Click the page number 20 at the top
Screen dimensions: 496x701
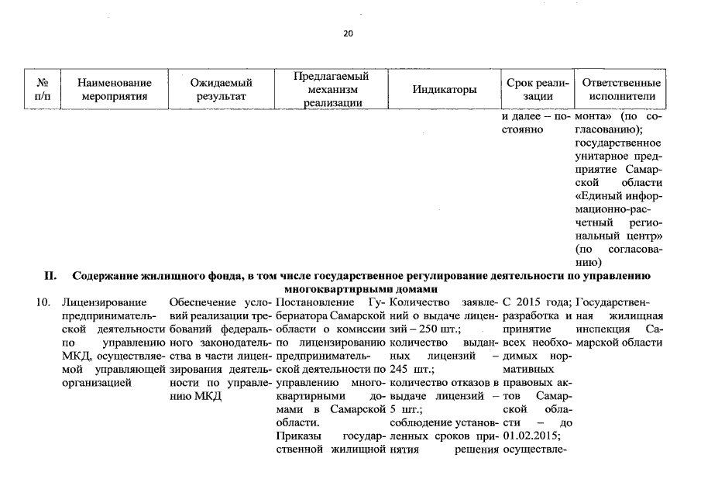point(347,33)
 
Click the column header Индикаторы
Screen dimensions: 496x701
point(444,90)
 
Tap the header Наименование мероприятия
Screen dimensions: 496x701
point(114,89)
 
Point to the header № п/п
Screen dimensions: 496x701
point(43,89)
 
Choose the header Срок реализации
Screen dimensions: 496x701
point(538,89)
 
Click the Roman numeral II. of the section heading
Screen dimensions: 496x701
point(50,275)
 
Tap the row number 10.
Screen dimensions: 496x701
point(43,301)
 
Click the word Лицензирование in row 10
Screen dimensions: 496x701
point(97,301)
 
